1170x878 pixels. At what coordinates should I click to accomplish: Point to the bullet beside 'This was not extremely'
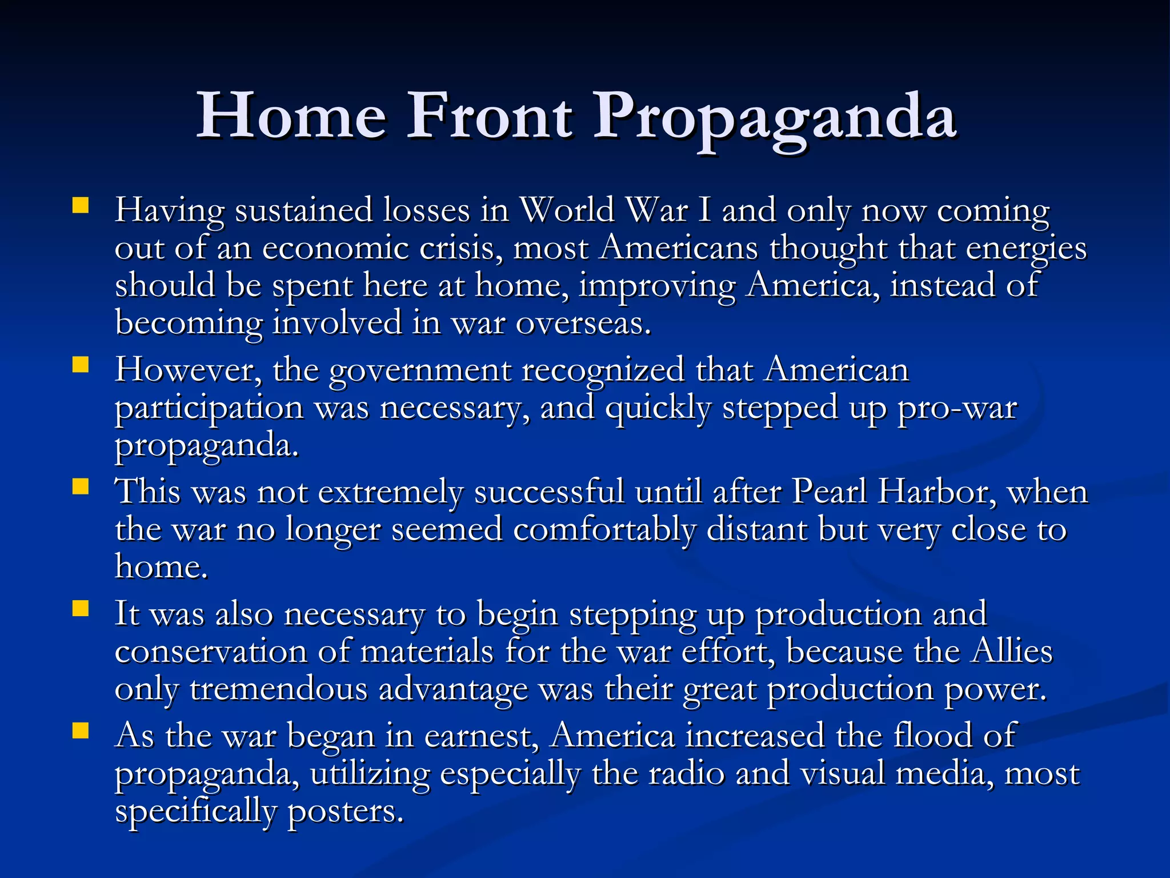pos(81,486)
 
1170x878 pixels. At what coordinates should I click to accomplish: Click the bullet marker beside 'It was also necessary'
pos(81,609)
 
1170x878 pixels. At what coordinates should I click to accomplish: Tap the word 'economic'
pos(335,248)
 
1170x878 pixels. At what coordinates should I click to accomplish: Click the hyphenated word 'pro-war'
pos(957,408)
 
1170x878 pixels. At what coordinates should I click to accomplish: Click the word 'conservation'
pos(210,651)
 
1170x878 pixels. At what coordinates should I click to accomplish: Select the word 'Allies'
pos(1012,651)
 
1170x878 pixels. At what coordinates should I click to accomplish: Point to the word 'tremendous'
pos(278,689)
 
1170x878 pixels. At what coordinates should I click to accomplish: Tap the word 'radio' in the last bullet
pos(686,773)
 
